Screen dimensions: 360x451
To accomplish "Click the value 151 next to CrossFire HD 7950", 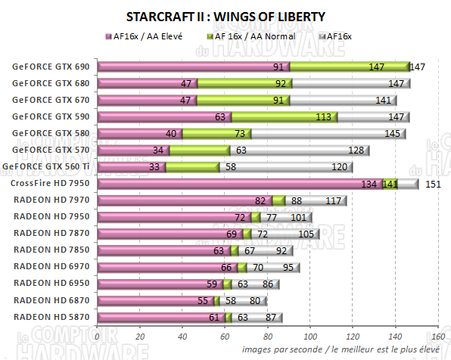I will coord(432,183).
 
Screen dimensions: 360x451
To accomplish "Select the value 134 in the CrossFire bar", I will coord(369,183).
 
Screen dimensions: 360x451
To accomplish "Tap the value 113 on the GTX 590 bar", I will coord(325,116).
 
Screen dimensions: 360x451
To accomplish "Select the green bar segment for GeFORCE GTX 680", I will coord(242,83).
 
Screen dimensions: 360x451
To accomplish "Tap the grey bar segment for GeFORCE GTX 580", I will coord(325,133).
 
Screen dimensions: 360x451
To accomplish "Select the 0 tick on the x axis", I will coord(98,337).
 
